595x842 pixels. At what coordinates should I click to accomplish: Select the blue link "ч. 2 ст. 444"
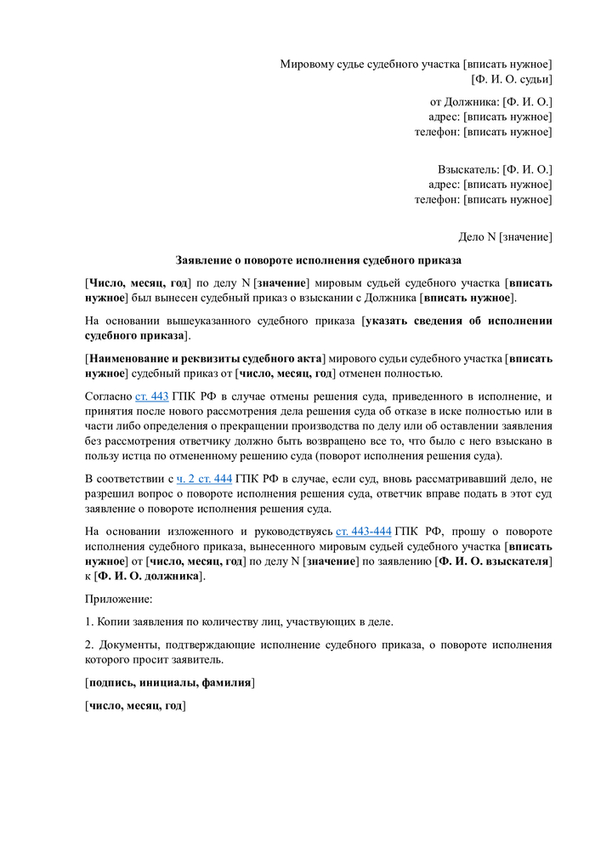click(x=204, y=479)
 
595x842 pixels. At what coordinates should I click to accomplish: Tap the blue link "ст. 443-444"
click(x=363, y=532)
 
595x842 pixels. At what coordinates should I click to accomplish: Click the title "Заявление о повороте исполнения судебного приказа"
click(x=318, y=259)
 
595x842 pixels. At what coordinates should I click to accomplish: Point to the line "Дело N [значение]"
click(x=506, y=236)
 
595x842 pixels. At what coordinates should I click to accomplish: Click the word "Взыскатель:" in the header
click(x=468, y=169)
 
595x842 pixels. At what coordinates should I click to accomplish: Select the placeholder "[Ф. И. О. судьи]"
click(x=512, y=79)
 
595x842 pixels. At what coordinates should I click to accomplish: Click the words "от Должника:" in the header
click(x=465, y=101)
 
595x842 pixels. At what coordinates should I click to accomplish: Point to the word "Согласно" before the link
click(x=109, y=396)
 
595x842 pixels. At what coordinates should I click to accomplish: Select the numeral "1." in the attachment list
click(x=89, y=622)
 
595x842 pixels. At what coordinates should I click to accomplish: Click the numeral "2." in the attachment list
click(x=89, y=645)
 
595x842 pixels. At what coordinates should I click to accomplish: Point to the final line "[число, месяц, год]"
click(x=135, y=705)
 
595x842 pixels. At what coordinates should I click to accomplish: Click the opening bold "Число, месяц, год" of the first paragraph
click(x=137, y=283)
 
